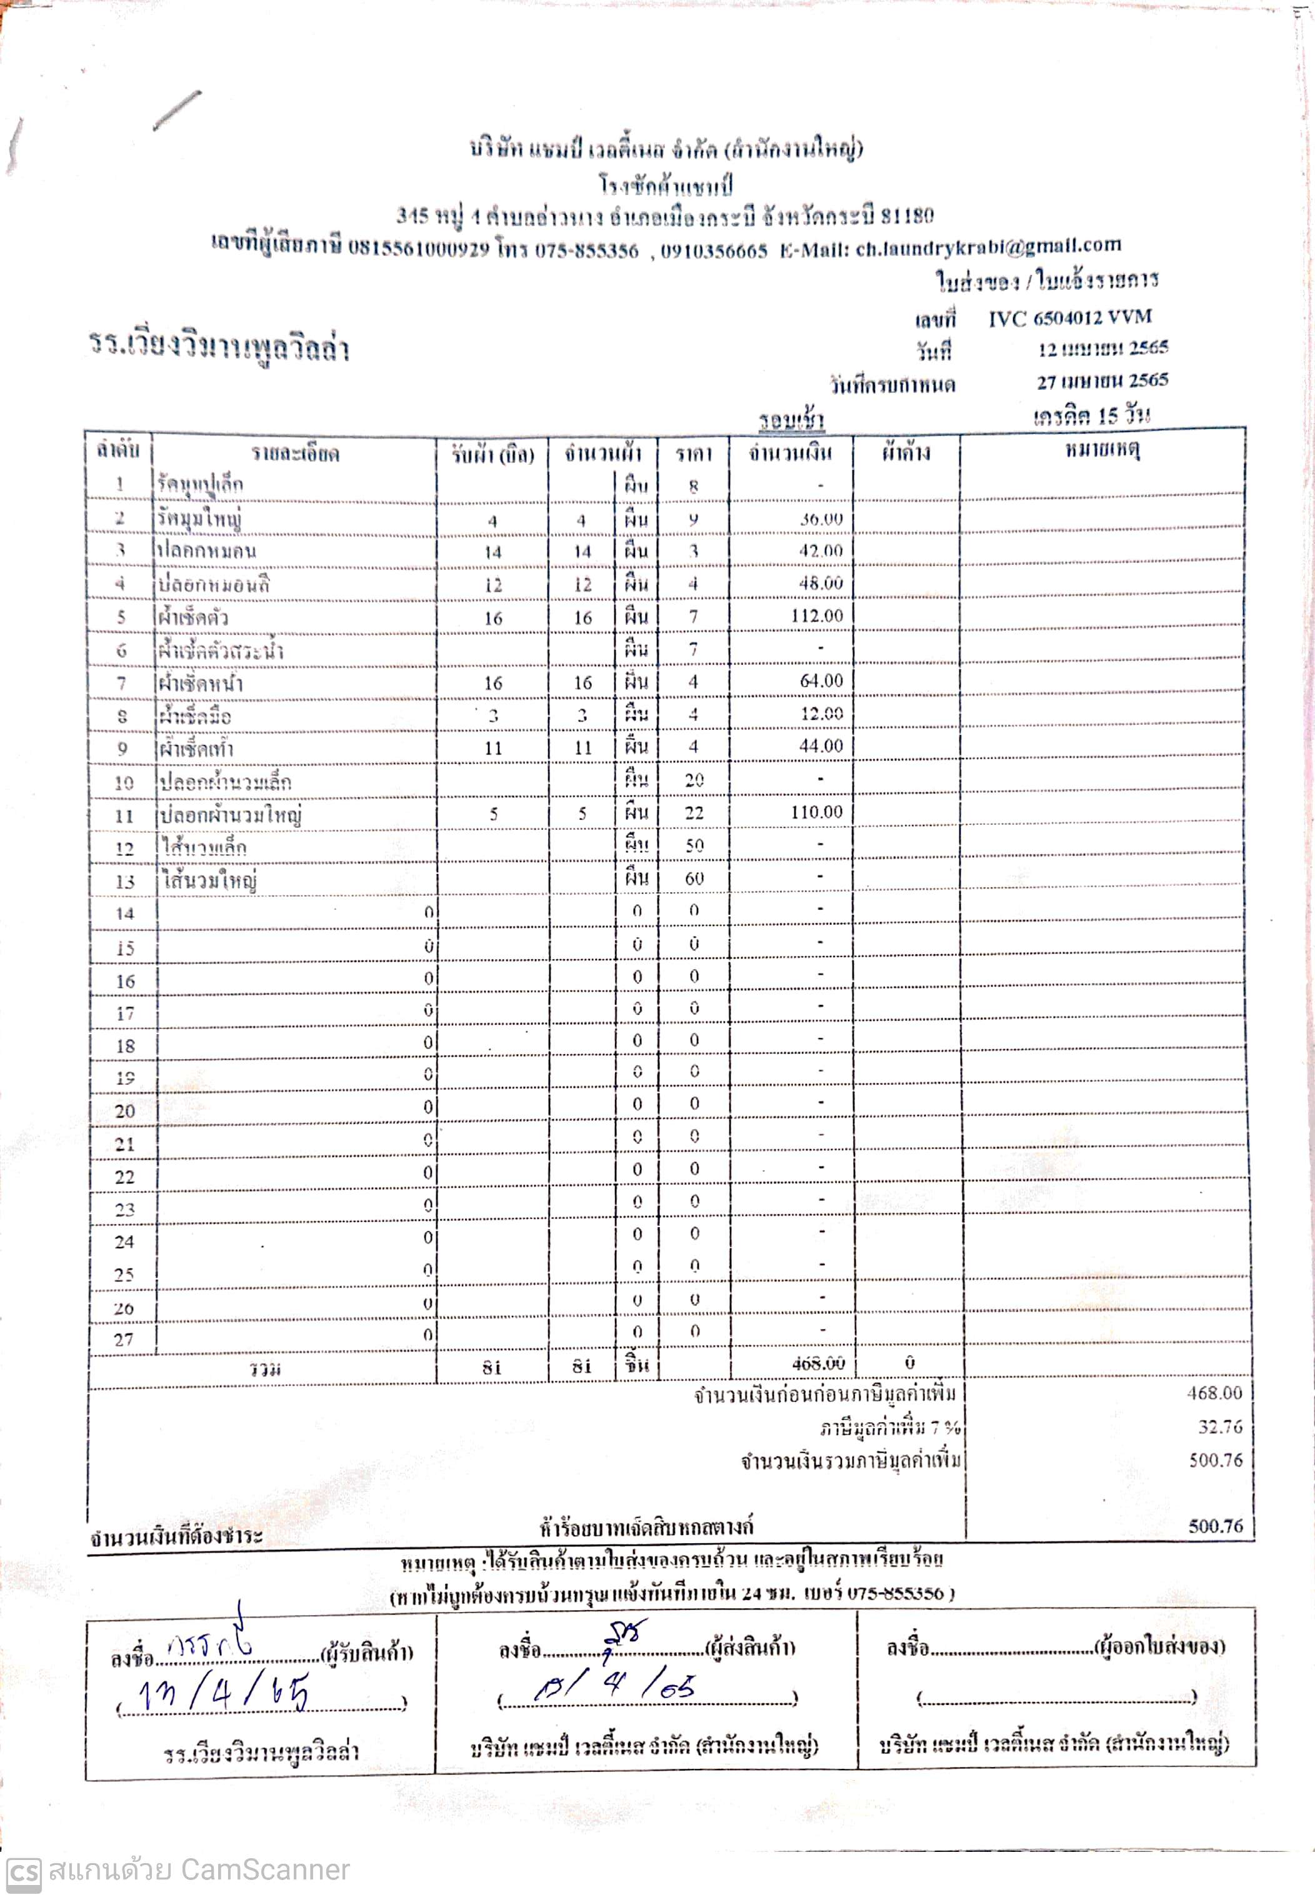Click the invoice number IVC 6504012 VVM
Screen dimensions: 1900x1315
point(1069,318)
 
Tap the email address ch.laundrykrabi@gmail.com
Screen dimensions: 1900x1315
point(988,246)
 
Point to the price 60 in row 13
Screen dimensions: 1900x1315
point(694,878)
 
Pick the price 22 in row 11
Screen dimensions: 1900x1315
point(694,813)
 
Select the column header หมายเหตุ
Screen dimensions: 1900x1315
point(1102,450)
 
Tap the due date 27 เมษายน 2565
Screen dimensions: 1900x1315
point(1102,380)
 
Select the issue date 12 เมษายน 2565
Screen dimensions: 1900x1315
point(1102,349)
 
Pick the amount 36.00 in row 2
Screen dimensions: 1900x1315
point(821,519)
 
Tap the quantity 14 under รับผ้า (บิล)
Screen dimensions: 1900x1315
point(492,552)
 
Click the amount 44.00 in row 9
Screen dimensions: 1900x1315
point(821,746)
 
